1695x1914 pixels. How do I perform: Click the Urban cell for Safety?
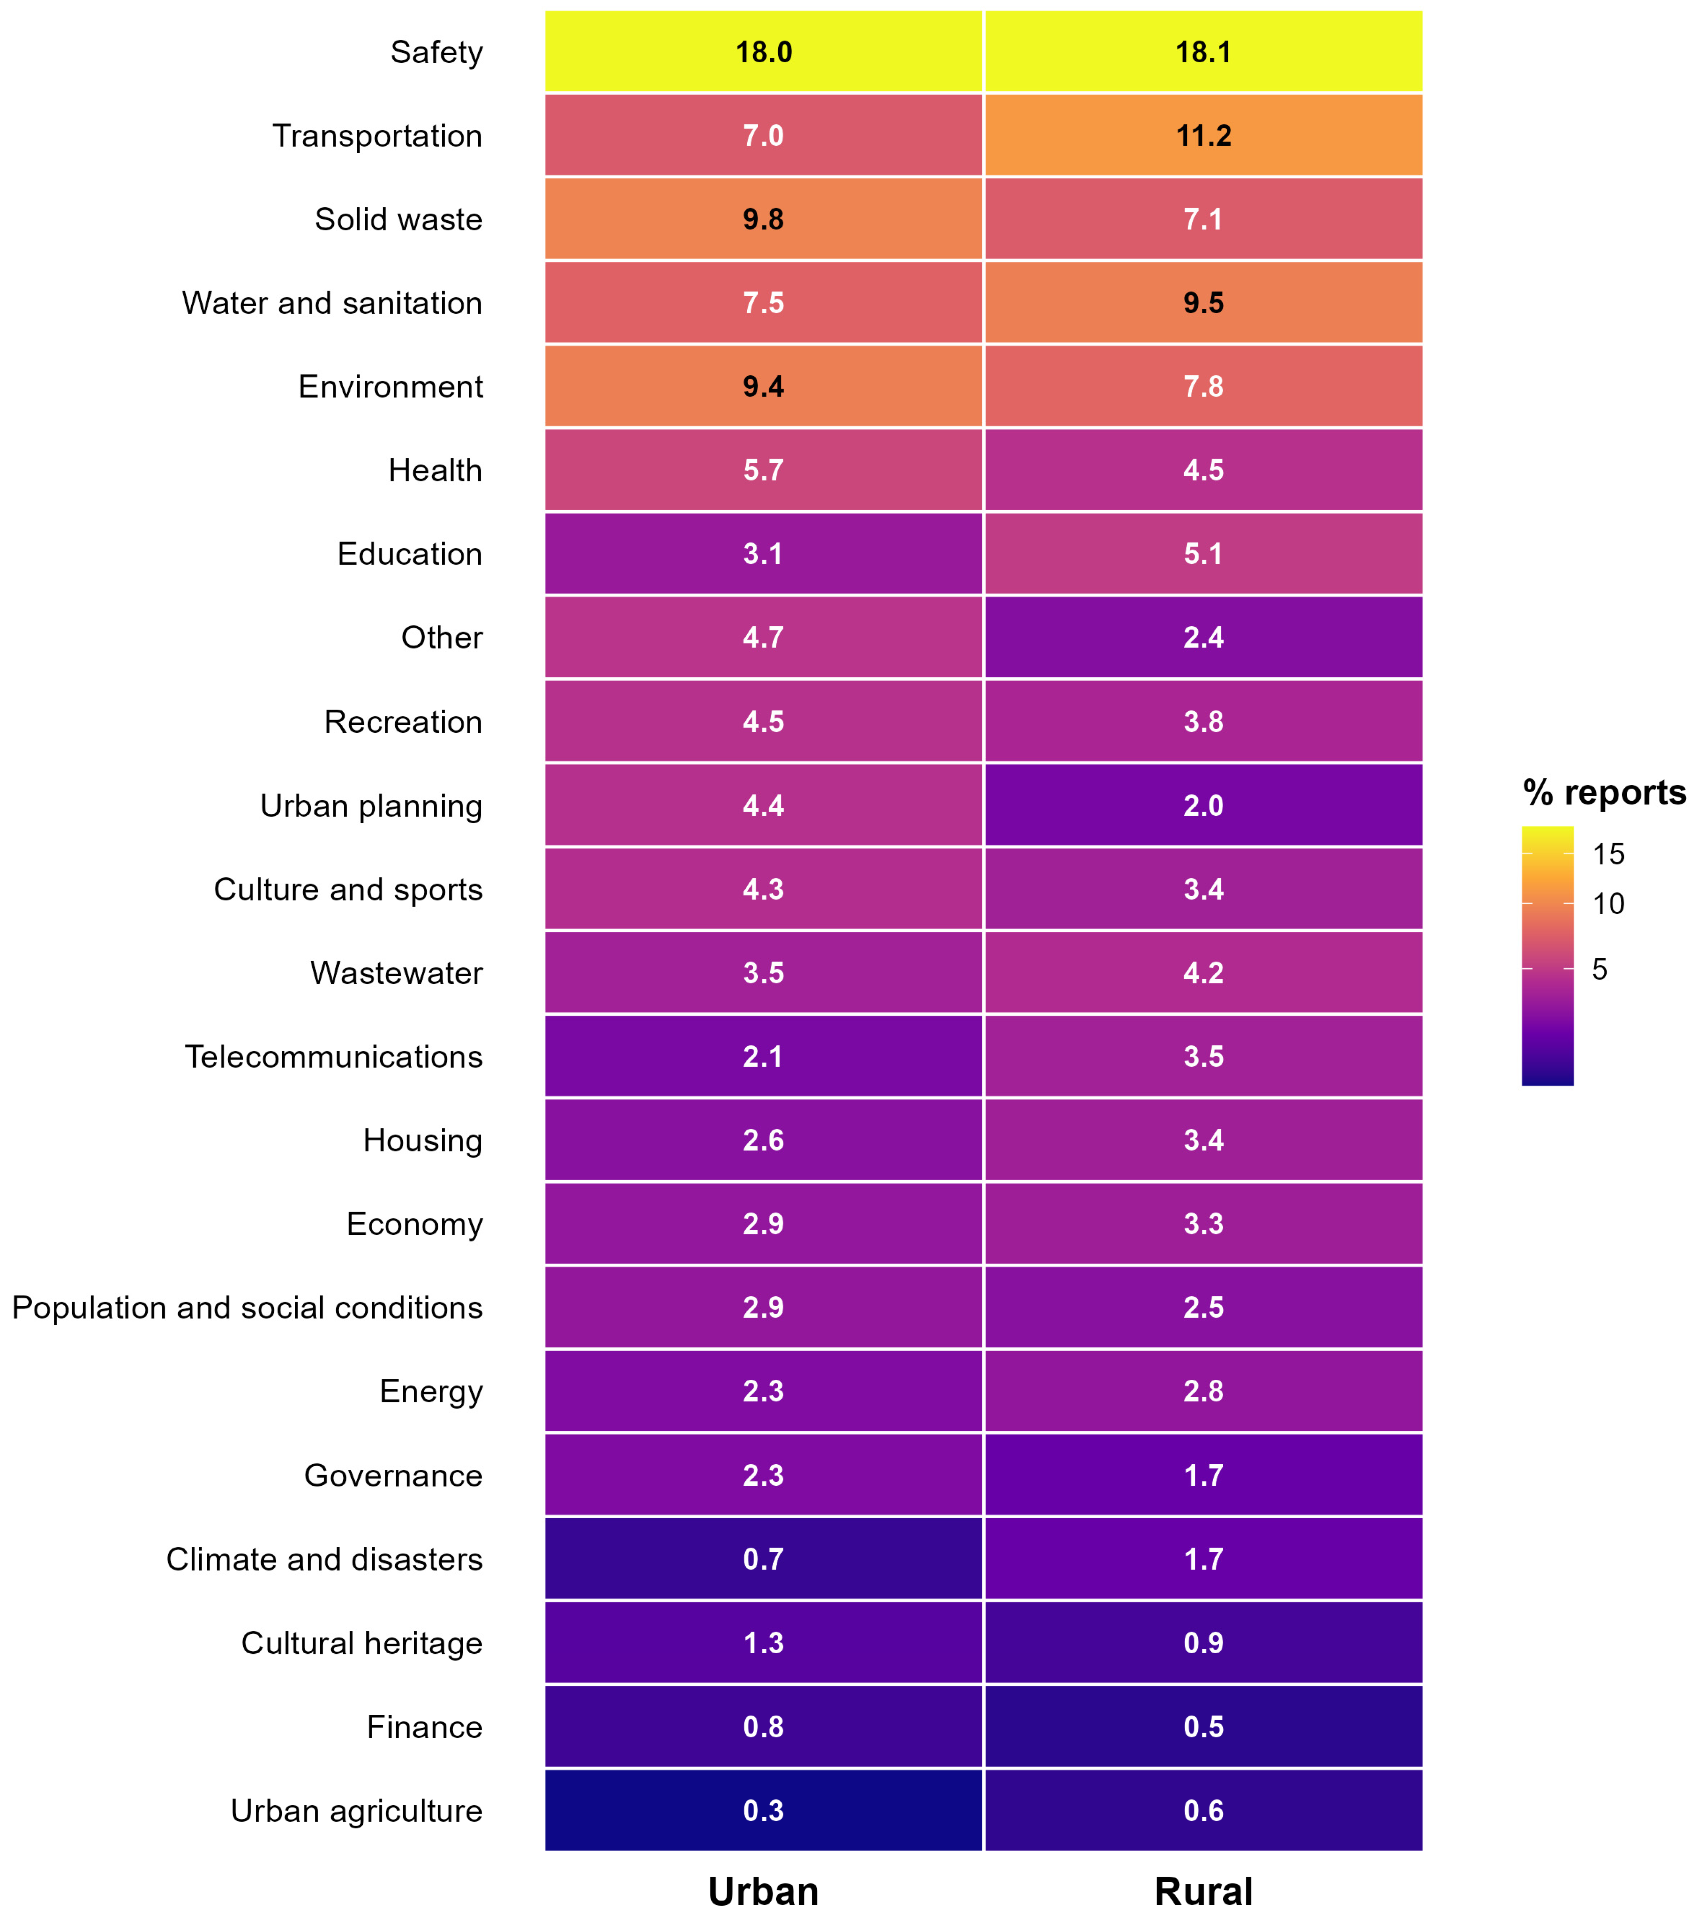763,52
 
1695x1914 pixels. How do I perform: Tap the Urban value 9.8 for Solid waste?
763,219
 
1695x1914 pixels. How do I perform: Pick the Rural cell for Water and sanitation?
1203,302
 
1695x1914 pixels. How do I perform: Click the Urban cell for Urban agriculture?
763,1810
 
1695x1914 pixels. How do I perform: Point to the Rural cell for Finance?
1203,1727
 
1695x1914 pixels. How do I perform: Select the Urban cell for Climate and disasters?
763,1559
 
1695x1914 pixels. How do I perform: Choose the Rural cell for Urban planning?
1203,805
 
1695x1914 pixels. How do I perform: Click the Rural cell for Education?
1203,553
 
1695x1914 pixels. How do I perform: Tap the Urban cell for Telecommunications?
763,1056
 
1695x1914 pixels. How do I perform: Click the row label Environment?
391,387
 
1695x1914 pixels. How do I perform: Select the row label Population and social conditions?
247,1307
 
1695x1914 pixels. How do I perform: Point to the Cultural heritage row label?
362,1643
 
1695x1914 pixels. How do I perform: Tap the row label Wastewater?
396,973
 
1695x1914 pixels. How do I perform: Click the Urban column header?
763,1891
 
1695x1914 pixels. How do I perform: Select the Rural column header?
1203,1891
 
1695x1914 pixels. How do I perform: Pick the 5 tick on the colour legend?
1599,969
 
